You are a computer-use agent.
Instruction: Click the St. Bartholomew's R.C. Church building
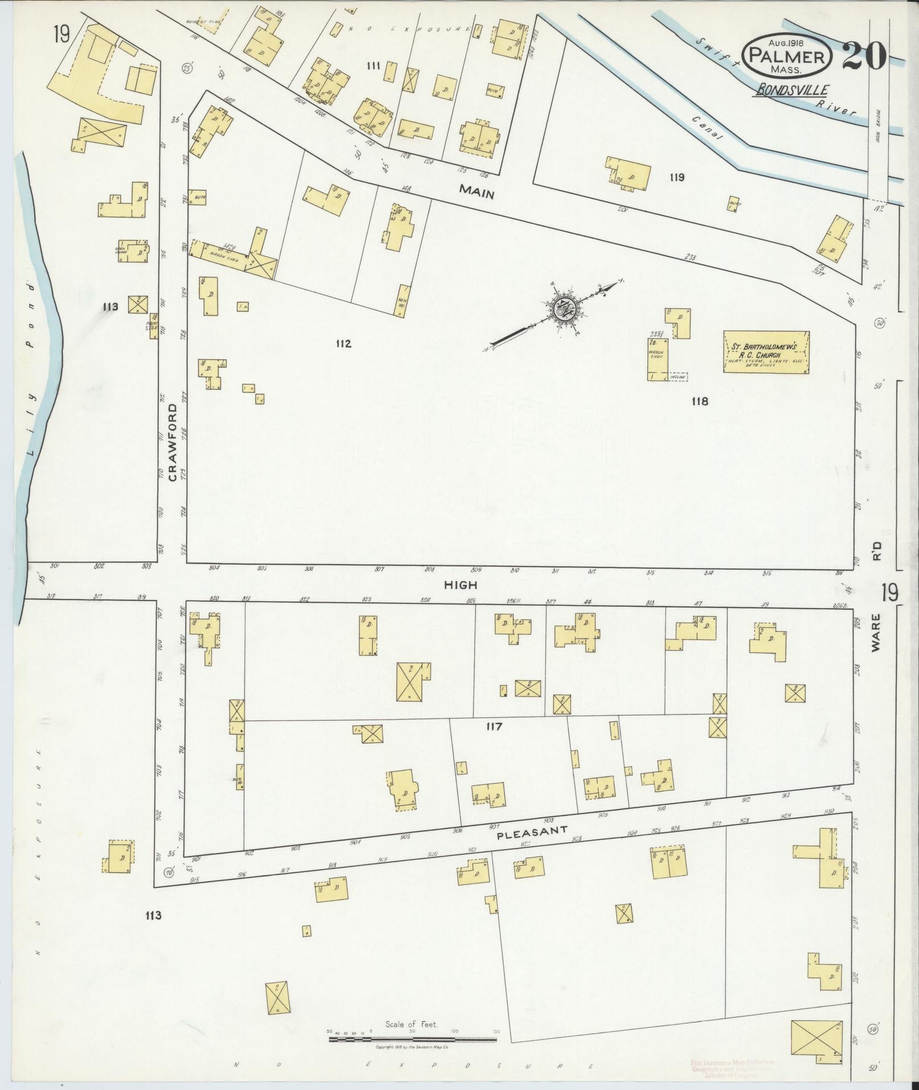coord(766,352)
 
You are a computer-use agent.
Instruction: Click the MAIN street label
coord(477,194)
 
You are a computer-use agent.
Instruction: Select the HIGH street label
coord(461,585)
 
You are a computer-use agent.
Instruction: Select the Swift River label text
coord(775,74)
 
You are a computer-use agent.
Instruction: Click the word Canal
coord(707,128)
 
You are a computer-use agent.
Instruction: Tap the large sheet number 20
coord(863,55)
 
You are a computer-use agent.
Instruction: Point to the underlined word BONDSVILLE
coord(792,89)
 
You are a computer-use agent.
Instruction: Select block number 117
coord(493,726)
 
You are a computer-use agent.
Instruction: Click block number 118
coord(700,401)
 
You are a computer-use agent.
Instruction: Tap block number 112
coord(343,344)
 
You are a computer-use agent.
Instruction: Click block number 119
coord(677,177)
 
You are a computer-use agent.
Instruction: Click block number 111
coord(373,66)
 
